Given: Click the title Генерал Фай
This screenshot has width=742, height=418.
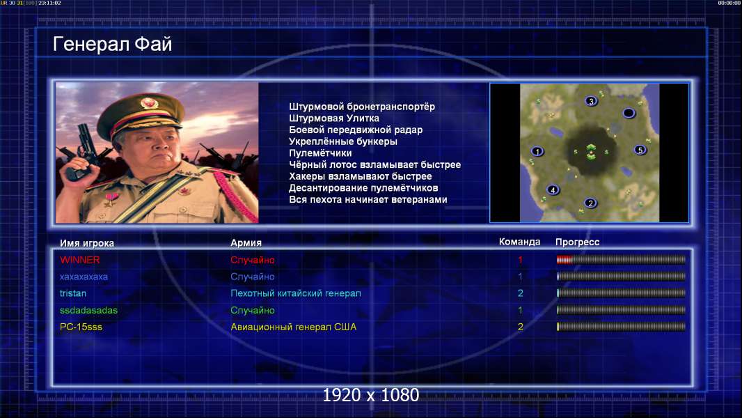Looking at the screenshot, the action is (x=112, y=44).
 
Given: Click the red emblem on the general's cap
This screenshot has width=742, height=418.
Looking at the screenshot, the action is (x=148, y=102).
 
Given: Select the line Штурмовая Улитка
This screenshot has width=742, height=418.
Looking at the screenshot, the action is (x=334, y=118).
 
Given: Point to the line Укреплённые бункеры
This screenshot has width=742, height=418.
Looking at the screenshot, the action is (x=343, y=141).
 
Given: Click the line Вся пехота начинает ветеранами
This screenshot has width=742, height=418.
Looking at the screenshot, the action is (x=368, y=199).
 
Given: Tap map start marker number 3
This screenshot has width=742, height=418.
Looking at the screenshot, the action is (x=591, y=101).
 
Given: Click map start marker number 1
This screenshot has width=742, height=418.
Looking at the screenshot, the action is (x=537, y=151).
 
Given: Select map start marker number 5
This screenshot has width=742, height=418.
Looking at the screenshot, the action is (x=640, y=150).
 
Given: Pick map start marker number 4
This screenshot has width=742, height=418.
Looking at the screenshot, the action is (x=553, y=190).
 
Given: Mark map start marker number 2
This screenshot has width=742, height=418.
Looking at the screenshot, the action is (x=590, y=203).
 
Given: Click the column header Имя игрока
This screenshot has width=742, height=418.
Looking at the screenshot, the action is (x=87, y=243).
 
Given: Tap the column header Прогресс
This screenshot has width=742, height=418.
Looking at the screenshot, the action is (x=577, y=242).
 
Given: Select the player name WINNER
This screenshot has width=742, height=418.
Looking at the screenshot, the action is (x=79, y=260).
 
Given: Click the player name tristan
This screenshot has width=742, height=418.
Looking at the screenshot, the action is (x=73, y=293).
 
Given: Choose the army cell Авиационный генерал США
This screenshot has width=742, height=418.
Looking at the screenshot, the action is (x=294, y=327).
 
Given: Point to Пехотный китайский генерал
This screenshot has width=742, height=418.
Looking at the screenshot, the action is (x=296, y=293).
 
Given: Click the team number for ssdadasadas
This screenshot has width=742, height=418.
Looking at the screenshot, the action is (x=520, y=311).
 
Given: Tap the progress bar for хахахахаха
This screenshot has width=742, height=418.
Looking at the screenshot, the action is (x=621, y=277).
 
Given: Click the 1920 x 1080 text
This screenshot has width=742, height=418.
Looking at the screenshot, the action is (x=371, y=395).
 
